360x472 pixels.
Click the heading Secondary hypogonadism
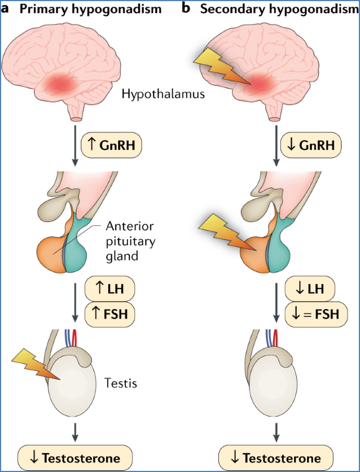[280, 9]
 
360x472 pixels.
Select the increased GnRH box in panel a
[113, 145]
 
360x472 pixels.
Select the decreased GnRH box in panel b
[312, 145]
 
